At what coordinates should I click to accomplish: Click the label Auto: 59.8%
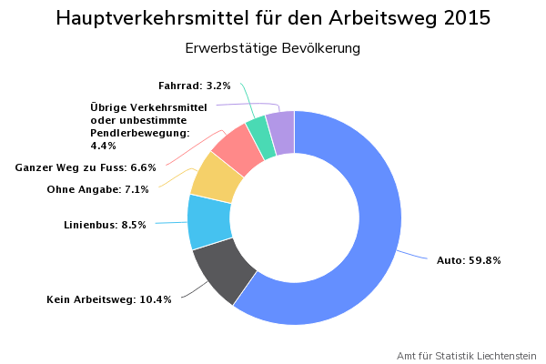[469, 260]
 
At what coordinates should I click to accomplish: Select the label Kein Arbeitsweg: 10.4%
[109, 299]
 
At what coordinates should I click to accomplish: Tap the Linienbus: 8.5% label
[105, 225]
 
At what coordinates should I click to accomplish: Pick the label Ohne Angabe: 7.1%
[97, 189]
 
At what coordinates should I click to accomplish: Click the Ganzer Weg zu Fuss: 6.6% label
[86, 167]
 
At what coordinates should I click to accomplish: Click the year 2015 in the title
[461, 19]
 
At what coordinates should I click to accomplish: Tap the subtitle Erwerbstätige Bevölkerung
[272, 47]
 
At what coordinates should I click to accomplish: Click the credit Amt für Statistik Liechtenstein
[467, 356]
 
